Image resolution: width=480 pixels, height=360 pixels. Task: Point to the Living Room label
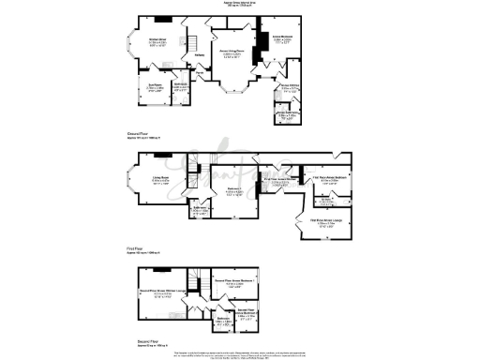[x=155, y=181]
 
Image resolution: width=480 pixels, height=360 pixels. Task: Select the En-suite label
[x=329, y=201]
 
